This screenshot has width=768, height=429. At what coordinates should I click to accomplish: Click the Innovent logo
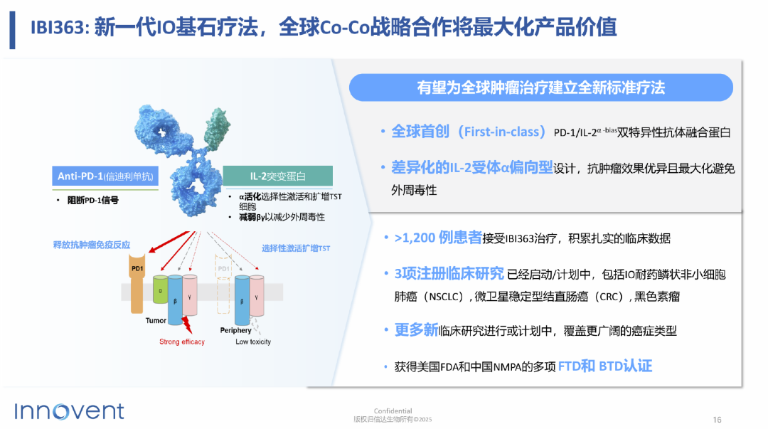click(x=69, y=411)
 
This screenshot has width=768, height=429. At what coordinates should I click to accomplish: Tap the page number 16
click(x=717, y=420)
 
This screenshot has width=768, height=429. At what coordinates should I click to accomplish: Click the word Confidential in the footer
click(x=393, y=411)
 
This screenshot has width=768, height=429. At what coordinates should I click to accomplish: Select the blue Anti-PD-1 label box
click(x=105, y=176)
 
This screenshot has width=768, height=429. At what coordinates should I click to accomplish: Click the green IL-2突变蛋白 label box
click(x=278, y=176)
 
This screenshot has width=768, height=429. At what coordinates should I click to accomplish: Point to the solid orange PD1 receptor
click(x=137, y=283)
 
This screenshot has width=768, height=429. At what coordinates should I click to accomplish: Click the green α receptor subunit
click(x=160, y=290)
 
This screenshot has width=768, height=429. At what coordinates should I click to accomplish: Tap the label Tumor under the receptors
click(x=156, y=321)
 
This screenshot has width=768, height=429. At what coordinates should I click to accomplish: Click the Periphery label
click(x=235, y=330)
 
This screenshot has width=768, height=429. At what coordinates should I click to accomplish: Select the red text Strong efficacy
click(x=182, y=341)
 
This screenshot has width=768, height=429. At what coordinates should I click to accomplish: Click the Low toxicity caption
click(x=253, y=341)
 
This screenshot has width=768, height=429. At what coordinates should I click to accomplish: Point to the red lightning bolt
click(x=186, y=325)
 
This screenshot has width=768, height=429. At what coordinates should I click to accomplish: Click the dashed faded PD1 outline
click(x=223, y=284)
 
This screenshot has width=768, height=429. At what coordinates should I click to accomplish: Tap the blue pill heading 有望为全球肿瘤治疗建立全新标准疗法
click(x=540, y=88)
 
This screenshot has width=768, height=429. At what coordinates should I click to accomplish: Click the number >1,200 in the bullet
click(x=415, y=238)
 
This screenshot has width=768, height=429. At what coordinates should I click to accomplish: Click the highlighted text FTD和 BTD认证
click(x=605, y=366)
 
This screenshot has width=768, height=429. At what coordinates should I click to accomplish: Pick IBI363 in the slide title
click(x=58, y=27)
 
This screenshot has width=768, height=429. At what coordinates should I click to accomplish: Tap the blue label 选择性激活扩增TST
click(x=296, y=248)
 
